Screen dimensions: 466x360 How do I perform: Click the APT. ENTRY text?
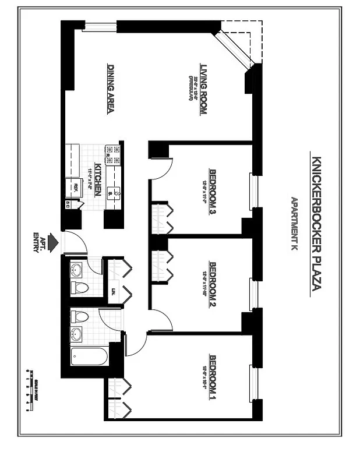39,241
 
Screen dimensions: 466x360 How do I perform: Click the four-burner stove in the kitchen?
112,155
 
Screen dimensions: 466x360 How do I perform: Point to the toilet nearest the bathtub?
79,317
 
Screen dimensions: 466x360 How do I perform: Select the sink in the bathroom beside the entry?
76,270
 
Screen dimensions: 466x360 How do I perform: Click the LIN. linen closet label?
113,291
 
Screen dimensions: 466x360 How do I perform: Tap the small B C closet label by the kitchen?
69,204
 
